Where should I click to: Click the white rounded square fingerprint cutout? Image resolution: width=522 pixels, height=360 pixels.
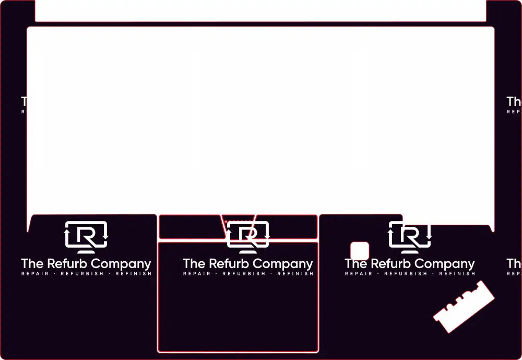tap(360, 251)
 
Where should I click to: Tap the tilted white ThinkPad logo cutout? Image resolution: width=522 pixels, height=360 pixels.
tap(464, 307)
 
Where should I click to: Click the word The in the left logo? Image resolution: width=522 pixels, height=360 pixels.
tap(32, 264)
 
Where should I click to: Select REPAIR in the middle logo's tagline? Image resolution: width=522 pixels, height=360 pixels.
tap(197, 274)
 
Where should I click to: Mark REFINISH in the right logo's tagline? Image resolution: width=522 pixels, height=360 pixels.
tap(457, 274)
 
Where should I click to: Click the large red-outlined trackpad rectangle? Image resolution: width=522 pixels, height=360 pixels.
tap(238, 313)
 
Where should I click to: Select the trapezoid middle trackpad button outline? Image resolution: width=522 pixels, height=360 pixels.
tap(238, 220)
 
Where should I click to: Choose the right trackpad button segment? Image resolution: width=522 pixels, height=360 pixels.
tap(292, 227)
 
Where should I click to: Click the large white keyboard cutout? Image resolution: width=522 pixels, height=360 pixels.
tap(260, 120)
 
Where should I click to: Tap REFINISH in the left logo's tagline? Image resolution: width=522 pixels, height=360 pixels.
tap(133, 274)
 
